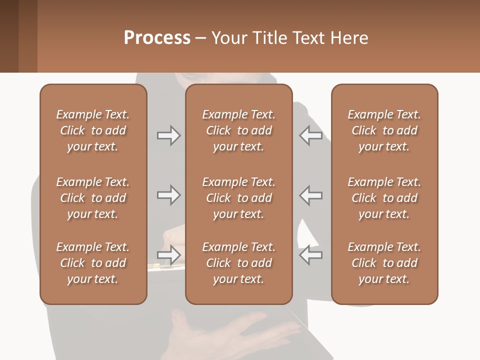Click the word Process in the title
157,38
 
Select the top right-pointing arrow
168,135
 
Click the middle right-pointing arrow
168,195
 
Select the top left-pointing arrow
310,135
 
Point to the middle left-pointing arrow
310,195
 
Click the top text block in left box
93,130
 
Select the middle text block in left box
93,198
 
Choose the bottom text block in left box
93,263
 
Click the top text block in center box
238,130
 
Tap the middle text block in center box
238,198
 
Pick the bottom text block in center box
238,263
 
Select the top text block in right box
384,130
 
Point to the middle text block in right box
384,198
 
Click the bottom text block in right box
384,263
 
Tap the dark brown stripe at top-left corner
9,36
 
